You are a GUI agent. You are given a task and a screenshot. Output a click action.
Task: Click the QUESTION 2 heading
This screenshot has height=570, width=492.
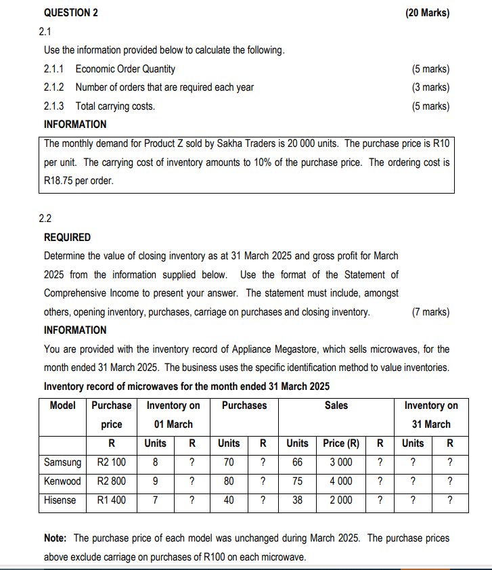coord(70,13)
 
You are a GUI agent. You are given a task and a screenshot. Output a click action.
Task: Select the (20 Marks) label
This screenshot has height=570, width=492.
coord(427,13)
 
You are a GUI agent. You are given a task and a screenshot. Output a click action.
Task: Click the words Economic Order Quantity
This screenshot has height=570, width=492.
coord(125,68)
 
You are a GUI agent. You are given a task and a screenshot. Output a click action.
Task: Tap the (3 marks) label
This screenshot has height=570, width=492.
coord(430,87)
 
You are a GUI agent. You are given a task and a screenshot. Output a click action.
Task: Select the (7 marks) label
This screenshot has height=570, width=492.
coord(430,312)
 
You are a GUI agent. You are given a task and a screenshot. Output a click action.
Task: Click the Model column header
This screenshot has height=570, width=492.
coord(63,405)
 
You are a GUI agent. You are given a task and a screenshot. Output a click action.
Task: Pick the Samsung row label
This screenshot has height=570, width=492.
coord(62,462)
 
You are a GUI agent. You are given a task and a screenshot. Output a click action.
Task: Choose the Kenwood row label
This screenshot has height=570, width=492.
coord(62,481)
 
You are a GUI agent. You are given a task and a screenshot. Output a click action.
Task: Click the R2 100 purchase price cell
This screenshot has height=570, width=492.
coord(112,462)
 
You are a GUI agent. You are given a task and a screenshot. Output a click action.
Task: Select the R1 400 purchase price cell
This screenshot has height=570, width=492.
coord(112,500)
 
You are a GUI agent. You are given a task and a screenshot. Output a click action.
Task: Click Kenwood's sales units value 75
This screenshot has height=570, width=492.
coord(297,481)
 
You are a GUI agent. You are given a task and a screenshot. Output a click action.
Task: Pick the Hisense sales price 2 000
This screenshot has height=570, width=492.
coord(340,500)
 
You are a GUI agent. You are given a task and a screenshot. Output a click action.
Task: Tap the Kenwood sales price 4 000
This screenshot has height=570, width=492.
coord(340,481)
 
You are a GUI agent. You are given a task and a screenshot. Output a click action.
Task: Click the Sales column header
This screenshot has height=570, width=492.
coord(336,405)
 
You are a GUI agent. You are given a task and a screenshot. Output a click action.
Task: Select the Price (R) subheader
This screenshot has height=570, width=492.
coord(340,443)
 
